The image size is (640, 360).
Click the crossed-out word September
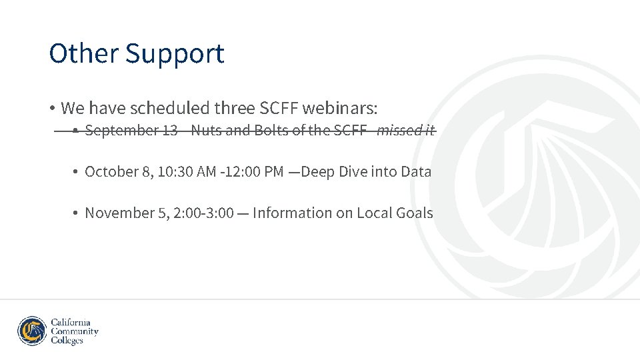coord(121,131)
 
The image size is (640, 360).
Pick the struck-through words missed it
coord(405,131)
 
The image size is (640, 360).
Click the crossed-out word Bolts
coord(273,131)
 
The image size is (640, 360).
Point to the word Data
coord(416,172)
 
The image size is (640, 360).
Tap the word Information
coord(292,213)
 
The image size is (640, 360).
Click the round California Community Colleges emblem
coord(32,331)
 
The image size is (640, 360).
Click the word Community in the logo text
coord(75,331)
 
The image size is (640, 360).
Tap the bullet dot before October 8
coord(77,172)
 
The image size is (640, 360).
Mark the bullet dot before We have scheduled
coord(51,108)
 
